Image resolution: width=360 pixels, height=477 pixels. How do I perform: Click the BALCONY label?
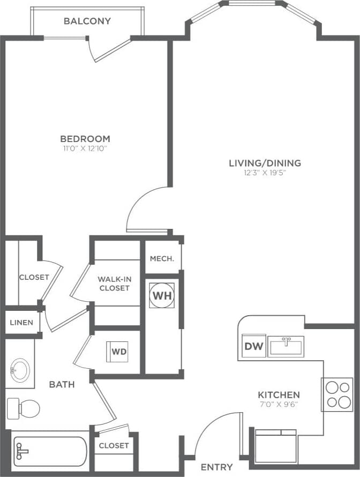[x=87, y=21]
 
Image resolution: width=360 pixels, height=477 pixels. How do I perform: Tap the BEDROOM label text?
[x=85, y=139]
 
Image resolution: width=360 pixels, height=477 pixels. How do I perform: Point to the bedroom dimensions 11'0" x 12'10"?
[x=85, y=148]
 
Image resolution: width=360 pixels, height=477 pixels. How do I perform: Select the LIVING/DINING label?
[x=265, y=163]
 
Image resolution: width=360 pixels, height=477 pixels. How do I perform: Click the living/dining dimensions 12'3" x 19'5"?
[x=265, y=173]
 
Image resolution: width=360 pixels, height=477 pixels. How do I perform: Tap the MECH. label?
[x=161, y=258]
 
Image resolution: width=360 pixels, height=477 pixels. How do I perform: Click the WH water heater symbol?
[x=161, y=295]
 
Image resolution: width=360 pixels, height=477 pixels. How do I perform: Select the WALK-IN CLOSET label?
[x=114, y=284]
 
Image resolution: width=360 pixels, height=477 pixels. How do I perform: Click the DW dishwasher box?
[x=254, y=347]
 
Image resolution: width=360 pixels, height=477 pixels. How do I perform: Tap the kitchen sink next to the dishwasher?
[x=286, y=346]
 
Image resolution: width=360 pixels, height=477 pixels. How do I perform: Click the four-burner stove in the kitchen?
[x=337, y=394]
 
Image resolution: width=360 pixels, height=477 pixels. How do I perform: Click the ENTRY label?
[x=216, y=467]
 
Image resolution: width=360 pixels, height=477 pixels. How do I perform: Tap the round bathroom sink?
[x=21, y=369]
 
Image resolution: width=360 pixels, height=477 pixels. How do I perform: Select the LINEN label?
[x=21, y=323]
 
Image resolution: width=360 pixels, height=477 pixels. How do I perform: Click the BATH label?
[x=62, y=384]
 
